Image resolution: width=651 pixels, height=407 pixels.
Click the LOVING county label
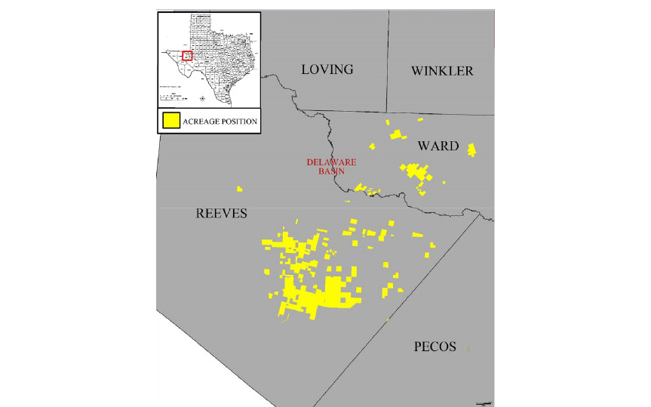[327, 69]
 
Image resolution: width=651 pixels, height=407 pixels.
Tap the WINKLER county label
[442, 71]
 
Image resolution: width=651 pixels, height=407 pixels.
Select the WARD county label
[438, 146]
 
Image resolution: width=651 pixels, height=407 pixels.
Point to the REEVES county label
[222, 214]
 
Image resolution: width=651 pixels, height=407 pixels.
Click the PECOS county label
[435, 347]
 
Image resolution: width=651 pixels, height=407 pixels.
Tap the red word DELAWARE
[331, 162]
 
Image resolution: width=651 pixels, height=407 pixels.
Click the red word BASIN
[331, 171]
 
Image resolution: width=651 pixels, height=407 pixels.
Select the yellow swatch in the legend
[171, 121]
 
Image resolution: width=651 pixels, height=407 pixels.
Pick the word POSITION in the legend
[239, 122]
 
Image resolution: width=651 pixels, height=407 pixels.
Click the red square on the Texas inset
[187, 55]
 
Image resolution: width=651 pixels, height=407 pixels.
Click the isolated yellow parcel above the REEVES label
[239, 189]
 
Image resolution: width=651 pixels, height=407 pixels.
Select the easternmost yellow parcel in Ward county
[471, 149]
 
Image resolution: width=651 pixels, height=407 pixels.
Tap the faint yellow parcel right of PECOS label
[468, 348]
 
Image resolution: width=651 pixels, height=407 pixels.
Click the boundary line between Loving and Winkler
[388, 60]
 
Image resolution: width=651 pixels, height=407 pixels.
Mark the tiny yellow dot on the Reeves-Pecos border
[388, 321]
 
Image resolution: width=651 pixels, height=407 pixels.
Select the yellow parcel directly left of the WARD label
[396, 134]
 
